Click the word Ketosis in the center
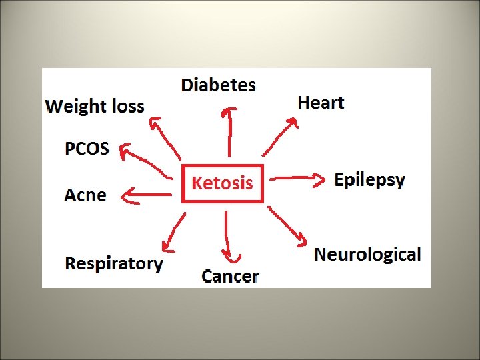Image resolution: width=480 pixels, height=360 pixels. coord(222,183)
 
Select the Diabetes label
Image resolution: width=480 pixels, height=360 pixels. coord(218,85)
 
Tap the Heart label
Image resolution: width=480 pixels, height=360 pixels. coord(321,103)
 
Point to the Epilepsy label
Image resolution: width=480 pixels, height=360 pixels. coord(369,180)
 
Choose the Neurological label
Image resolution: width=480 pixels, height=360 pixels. coord(367,254)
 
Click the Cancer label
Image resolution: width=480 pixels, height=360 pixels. coord(230,276)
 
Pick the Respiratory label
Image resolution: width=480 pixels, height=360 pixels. coord(113,263)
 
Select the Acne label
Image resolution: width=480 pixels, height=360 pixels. coord(85,195)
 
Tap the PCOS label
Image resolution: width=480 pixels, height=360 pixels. coord(87,148)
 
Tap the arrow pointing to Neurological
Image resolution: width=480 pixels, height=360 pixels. coord(287,225)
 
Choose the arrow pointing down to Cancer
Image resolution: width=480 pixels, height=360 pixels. coord(228,237)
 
